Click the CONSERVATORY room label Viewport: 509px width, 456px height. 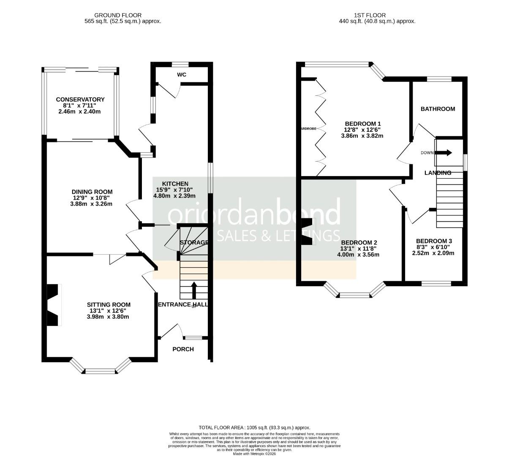pyautogui.click(x=80, y=100)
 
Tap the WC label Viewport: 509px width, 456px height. pyautogui.click(x=182, y=75)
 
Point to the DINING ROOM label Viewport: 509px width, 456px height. pyautogui.click(x=92, y=192)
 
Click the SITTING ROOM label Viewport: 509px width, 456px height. pyautogui.click(x=109, y=304)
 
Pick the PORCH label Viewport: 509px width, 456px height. pyautogui.click(x=183, y=349)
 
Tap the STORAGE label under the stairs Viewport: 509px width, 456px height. pyautogui.click(x=194, y=242)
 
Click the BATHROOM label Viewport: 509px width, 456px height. pyautogui.click(x=438, y=109)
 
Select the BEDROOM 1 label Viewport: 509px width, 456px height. pyautogui.click(x=362, y=124)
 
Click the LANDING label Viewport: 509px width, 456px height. pyautogui.click(x=438, y=173)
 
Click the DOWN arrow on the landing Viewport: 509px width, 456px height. pyautogui.click(x=445, y=152)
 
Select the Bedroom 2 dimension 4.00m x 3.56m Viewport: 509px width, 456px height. pyautogui.click(x=358, y=255)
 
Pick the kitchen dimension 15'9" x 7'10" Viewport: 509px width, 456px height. pyautogui.click(x=174, y=190)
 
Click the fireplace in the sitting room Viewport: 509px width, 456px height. pyautogui.click(x=53, y=305)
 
